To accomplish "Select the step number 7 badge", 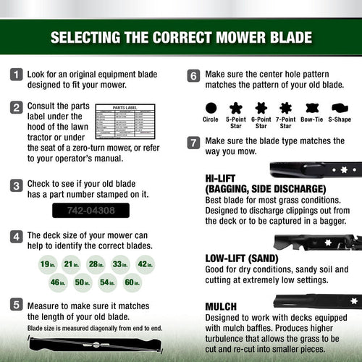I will pos(193,142).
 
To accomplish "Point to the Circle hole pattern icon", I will pos(211,108).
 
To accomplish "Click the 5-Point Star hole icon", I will pos(235,108).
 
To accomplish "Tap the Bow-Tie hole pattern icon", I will pos(312,108).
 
